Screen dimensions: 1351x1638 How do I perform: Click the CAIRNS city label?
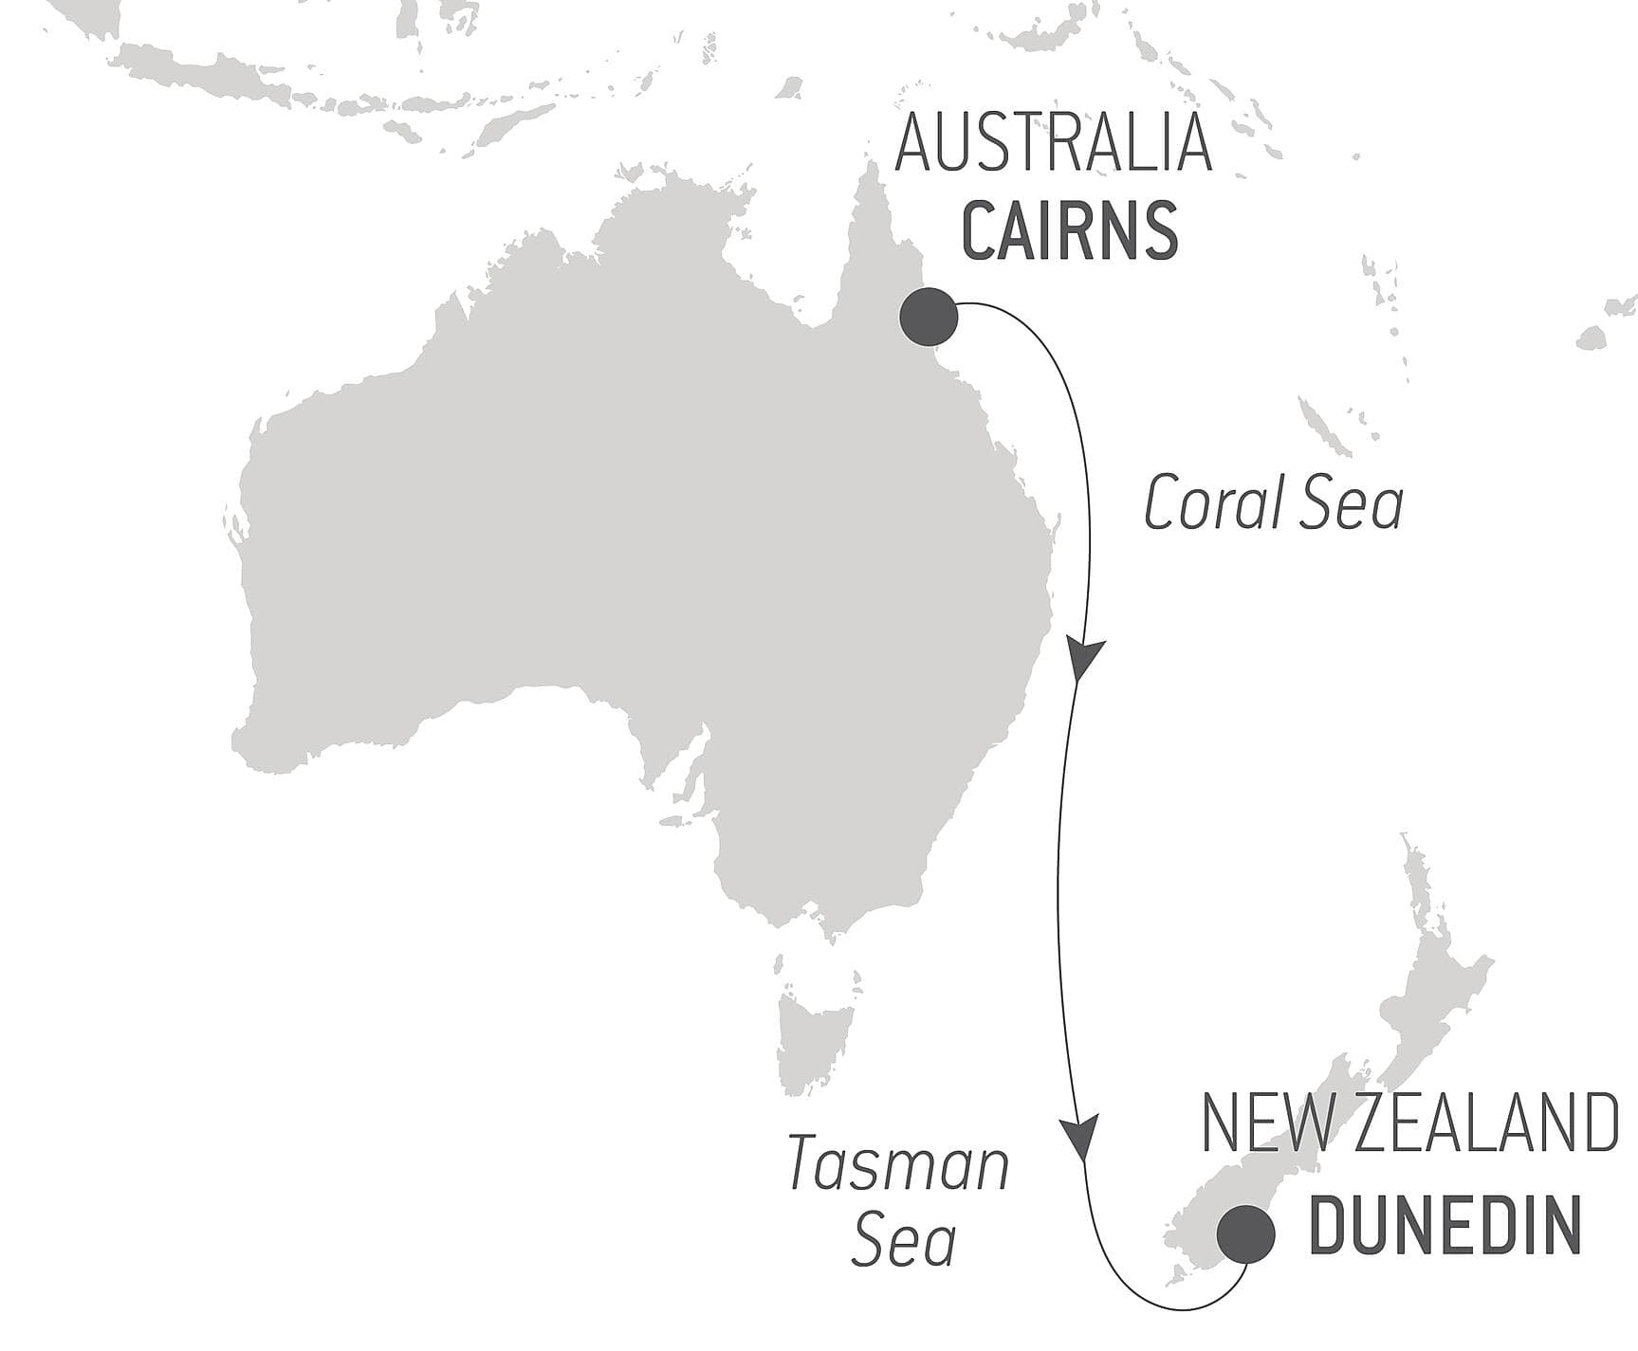click(x=1070, y=230)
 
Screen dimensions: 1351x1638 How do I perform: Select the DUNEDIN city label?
click(x=1445, y=1225)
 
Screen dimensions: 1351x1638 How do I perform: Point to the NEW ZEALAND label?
click(x=1409, y=1123)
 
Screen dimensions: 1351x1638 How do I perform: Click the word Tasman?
click(x=898, y=1165)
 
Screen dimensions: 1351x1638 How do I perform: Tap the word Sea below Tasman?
click(x=903, y=1241)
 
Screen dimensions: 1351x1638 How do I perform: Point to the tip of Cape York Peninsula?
click(x=869, y=167)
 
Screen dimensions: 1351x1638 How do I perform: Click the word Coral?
click(x=1205, y=503)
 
